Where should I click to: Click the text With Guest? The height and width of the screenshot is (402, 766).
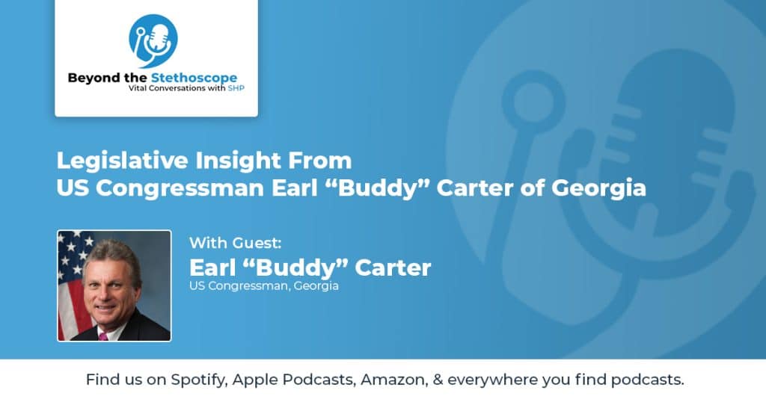pos(236,243)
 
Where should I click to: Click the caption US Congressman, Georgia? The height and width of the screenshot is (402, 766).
pos(264,286)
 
